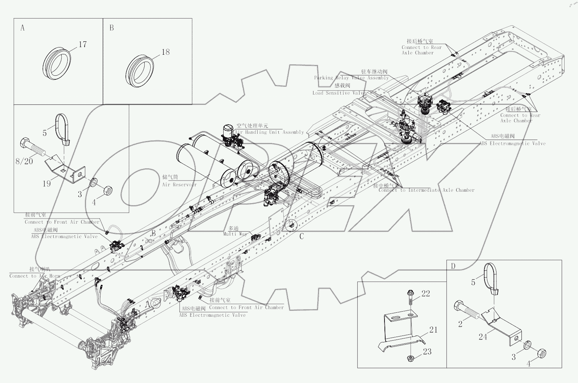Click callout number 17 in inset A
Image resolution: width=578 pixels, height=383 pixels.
click(x=83, y=45)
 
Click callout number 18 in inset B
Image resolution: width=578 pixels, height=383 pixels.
click(x=165, y=52)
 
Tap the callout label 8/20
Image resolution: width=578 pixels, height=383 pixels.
click(x=24, y=161)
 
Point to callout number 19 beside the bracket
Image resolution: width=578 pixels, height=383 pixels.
click(x=47, y=184)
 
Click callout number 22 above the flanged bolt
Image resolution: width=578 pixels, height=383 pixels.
click(x=425, y=294)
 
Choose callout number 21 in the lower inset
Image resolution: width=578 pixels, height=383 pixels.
click(x=433, y=330)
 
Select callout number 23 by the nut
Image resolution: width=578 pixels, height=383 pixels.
click(x=427, y=352)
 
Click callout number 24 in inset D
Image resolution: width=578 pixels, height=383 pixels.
click(x=483, y=337)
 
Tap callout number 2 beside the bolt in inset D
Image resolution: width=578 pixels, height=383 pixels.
click(x=460, y=324)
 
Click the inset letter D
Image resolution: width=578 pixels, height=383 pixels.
click(x=453, y=266)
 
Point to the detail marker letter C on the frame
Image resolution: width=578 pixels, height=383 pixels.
click(x=302, y=237)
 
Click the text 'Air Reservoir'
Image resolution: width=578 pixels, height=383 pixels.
click(x=179, y=185)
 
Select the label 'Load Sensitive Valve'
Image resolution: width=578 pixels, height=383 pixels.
click(x=339, y=93)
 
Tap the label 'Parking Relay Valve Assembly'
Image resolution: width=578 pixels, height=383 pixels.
click(x=351, y=78)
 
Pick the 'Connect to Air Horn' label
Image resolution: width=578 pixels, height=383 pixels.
click(x=35, y=276)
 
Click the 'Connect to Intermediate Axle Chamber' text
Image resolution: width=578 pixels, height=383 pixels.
click(x=426, y=190)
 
